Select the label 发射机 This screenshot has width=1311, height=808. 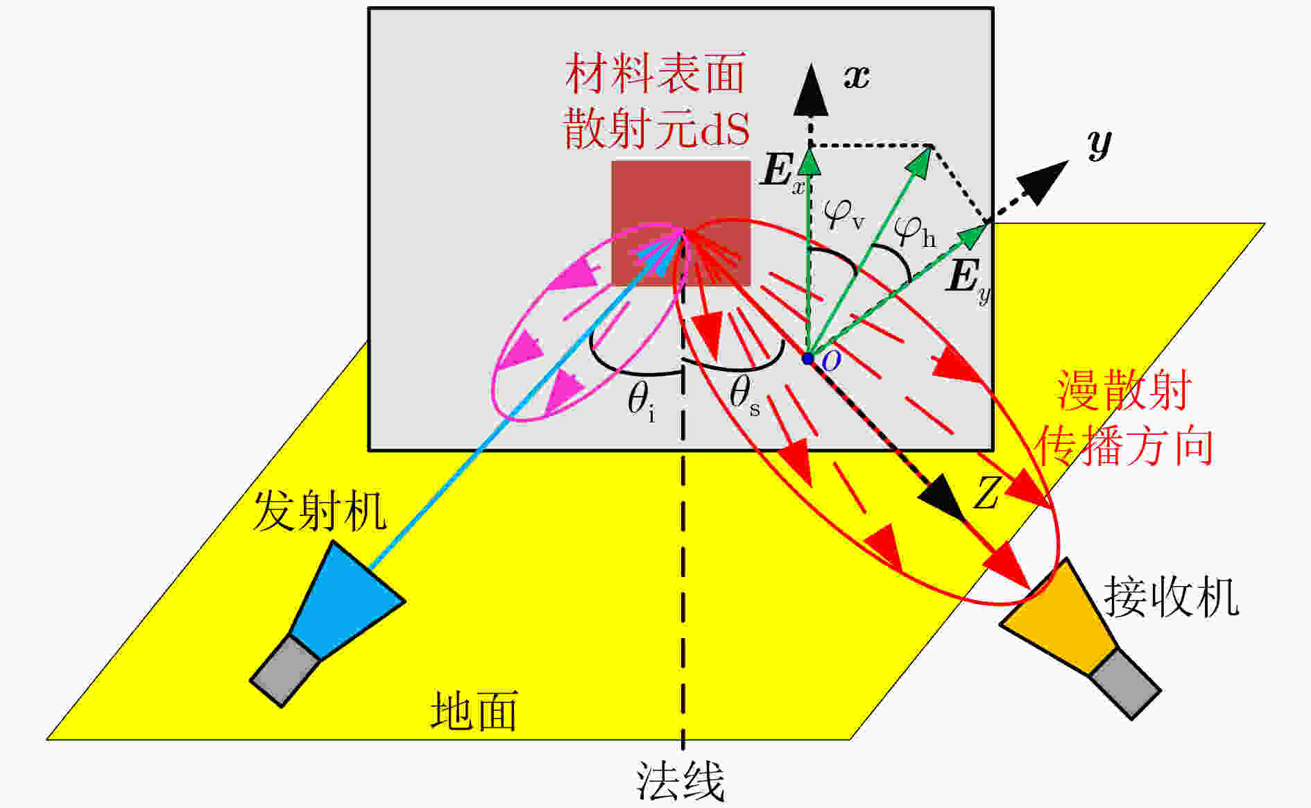click(319, 511)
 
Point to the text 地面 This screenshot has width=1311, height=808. click(474, 712)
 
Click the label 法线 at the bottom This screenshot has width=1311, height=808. click(680, 782)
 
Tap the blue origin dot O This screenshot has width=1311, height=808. click(807, 359)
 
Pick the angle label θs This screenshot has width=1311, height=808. click(744, 396)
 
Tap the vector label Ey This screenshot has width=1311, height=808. click(968, 280)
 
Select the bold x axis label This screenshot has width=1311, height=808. click(857, 76)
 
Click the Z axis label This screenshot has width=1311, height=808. click(986, 493)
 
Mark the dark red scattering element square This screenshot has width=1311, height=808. click(680, 223)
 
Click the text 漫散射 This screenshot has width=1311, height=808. click(1124, 390)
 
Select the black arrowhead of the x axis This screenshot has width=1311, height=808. click(810, 89)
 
